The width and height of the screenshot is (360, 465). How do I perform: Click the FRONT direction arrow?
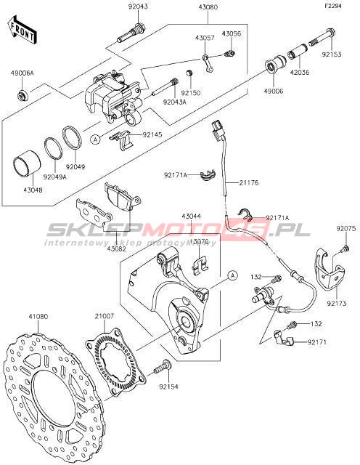tap(22, 29)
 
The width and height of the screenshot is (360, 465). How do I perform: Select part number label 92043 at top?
tap(138, 7)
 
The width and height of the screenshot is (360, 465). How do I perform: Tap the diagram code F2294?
tap(333, 6)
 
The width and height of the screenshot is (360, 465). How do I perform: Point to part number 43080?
tap(208, 7)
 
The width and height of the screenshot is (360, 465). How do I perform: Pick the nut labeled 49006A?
tap(22, 95)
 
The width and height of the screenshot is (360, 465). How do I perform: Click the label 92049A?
tap(55, 177)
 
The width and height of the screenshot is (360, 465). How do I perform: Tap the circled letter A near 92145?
tap(95, 139)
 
